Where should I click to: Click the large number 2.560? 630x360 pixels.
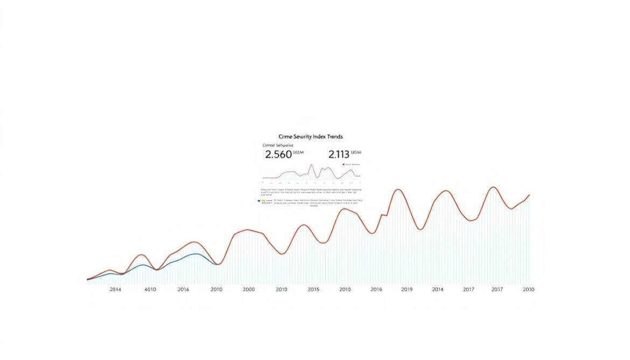[278, 154]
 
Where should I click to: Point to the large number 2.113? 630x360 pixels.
[339, 154]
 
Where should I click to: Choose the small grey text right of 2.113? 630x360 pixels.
[357, 153]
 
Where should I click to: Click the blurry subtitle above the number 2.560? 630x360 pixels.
[278, 145]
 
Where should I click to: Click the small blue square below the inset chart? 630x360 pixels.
[260, 201]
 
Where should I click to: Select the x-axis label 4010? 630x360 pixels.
[150, 290]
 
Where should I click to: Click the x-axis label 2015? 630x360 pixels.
[314, 290]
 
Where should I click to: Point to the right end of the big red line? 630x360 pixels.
[530, 195]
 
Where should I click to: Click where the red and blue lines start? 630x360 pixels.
[87, 279]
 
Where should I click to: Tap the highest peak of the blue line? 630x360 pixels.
[195, 253]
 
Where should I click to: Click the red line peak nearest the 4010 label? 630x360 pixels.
[141, 255]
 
